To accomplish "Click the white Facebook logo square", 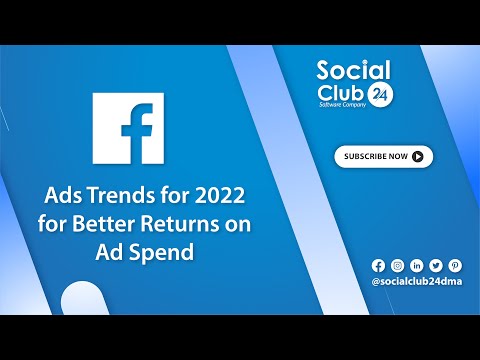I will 128,130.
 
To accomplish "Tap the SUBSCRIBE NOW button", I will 383,156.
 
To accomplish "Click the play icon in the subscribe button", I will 417,156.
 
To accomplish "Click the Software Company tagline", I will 339,105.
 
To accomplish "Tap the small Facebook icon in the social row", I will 378,265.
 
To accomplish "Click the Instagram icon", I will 397,265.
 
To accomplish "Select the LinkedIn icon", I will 416,265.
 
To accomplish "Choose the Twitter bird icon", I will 435,265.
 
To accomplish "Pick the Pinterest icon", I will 455,265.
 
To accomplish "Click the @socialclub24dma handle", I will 417,283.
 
